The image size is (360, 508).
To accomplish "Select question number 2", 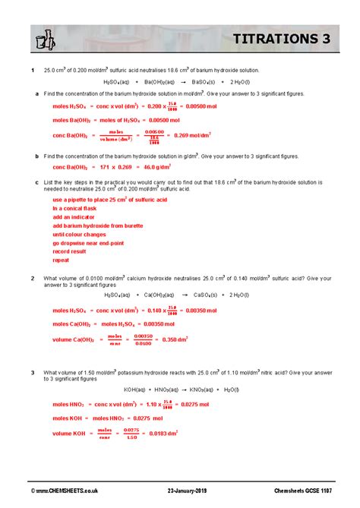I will click(33, 279).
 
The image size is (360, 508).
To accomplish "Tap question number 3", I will click(33, 372).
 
